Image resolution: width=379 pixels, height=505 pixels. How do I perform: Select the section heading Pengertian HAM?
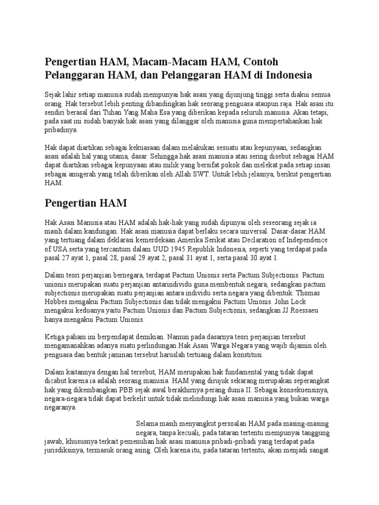pyautogui.click(x=86, y=203)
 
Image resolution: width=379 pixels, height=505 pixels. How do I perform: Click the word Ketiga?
pyautogui.click(x=55, y=337)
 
